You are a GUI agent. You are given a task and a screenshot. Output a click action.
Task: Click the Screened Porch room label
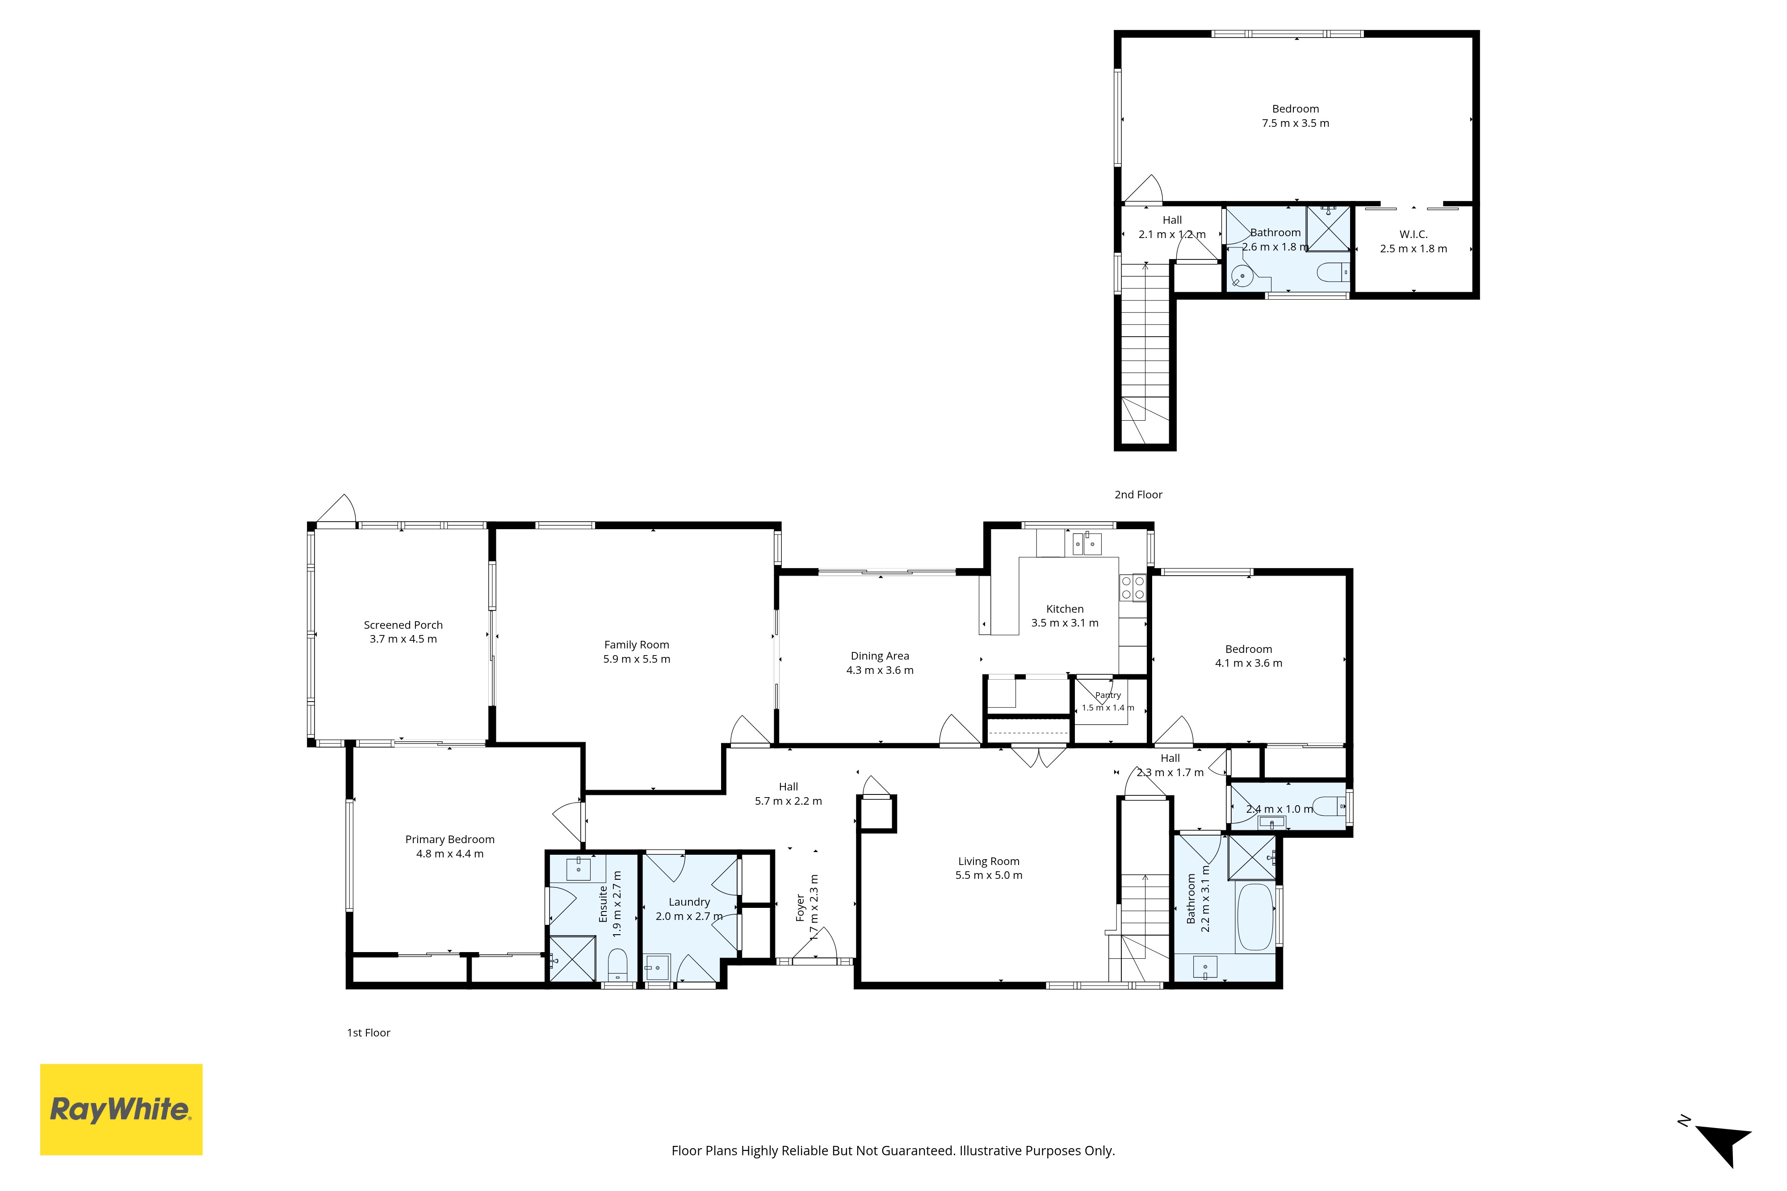[x=403, y=625]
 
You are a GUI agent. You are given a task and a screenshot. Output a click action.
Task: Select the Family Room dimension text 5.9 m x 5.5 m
[x=637, y=659]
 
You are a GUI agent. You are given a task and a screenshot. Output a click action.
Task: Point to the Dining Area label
[x=880, y=656]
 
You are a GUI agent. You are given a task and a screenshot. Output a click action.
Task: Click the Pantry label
[x=1108, y=695]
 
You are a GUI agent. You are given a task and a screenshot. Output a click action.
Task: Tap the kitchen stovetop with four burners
[x=1132, y=588]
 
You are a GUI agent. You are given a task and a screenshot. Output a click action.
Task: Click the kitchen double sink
[x=1087, y=544]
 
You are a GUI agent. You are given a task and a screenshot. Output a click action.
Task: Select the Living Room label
[x=989, y=861]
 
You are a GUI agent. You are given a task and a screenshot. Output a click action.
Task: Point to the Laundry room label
[x=689, y=903]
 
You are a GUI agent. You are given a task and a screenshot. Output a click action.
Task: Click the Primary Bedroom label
[x=450, y=839]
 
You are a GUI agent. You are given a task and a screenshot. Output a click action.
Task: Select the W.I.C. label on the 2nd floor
[x=1413, y=235]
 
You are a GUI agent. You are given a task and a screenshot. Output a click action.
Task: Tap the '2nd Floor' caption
[x=1138, y=494]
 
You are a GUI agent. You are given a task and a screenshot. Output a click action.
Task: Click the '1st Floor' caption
[x=369, y=1033]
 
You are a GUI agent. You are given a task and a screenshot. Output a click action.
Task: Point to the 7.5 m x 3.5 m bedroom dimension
[x=1296, y=123]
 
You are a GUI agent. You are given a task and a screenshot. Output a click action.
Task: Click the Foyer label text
[x=800, y=908]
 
